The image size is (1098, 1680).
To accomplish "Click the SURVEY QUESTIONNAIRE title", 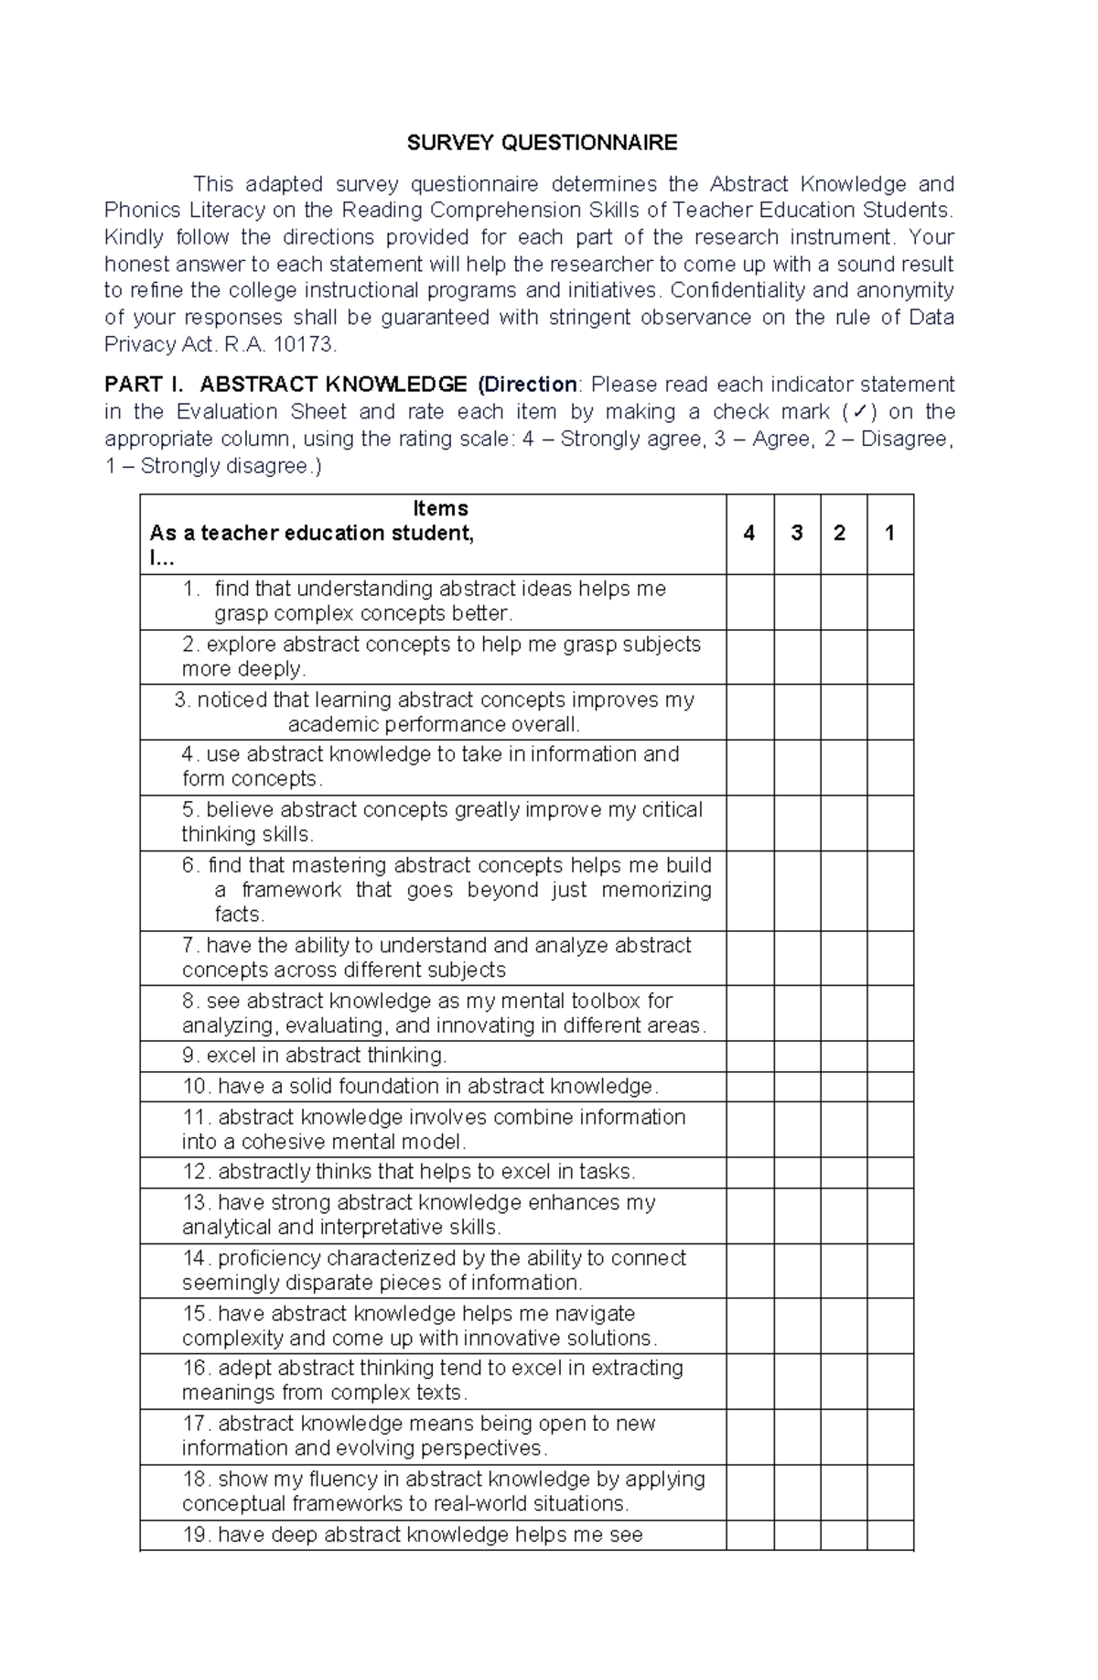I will click(x=542, y=143).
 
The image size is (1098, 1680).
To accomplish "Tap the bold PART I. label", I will click(x=145, y=385).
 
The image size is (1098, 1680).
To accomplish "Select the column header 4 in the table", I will click(x=749, y=534).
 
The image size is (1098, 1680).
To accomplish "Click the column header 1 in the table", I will click(x=889, y=534).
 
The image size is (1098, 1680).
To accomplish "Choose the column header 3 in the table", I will click(x=796, y=534).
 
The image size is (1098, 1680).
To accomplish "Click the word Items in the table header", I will click(x=440, y=509).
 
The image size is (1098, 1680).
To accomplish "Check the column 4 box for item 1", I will click(x=749, y=602).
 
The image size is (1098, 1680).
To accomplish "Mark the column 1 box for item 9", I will click(x=889, y=1056).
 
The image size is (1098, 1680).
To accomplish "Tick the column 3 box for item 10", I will click(x=796, y=1087).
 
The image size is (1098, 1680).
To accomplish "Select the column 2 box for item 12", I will click(x=843, y=1173).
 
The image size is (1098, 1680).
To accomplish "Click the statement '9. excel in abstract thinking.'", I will click(x=315, y=1056).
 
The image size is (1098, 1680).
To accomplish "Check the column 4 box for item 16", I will click(x=749, y=1381).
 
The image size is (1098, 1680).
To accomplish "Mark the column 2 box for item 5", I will click(x=843, y=822).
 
